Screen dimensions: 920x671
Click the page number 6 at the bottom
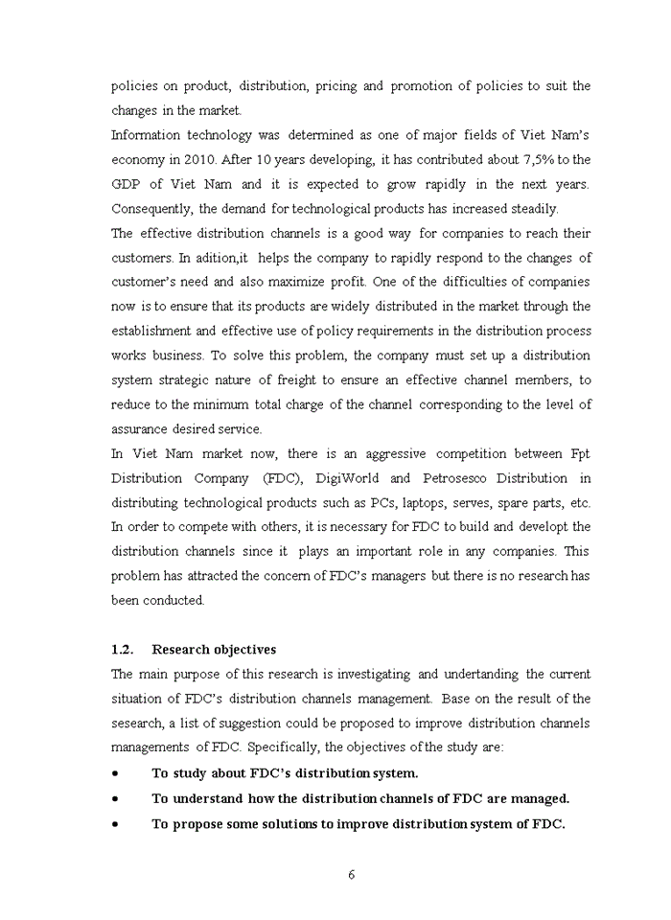tap(352, 874)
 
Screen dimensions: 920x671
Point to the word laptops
tap(427, 502)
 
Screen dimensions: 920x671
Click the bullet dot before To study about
tap(116, 772)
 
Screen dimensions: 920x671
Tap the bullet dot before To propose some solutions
tap(116, 822)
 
